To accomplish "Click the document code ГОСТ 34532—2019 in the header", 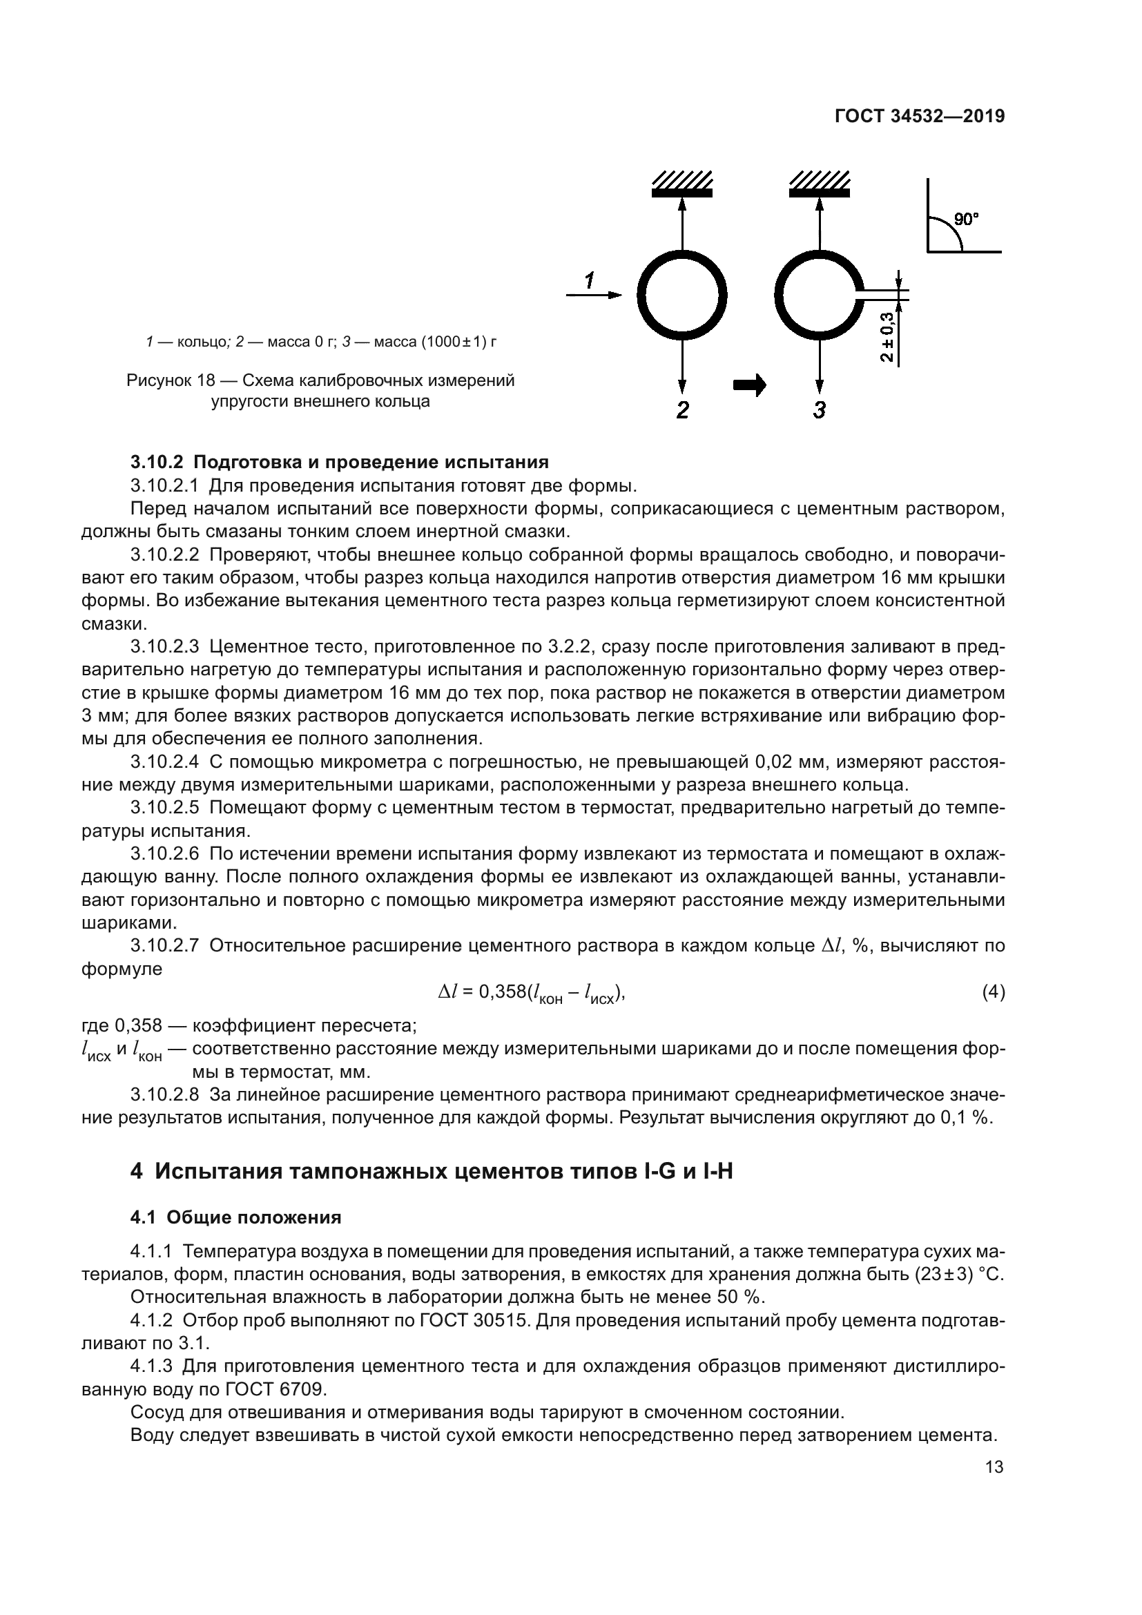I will [919, 116].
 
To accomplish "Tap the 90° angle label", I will [966, 220].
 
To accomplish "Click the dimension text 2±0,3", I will [888, 337].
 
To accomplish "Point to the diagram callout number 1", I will [589, 280].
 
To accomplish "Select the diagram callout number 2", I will [682, 410].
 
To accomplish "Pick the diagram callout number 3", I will [820, 410].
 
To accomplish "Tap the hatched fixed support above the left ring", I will [681, 184].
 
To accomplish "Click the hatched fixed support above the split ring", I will [820, 184].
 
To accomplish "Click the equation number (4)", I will [993, 992].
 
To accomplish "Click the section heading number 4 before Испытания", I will [137, 1172].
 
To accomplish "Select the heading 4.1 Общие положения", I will [235, 1217].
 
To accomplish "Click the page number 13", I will [994, 1467].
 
